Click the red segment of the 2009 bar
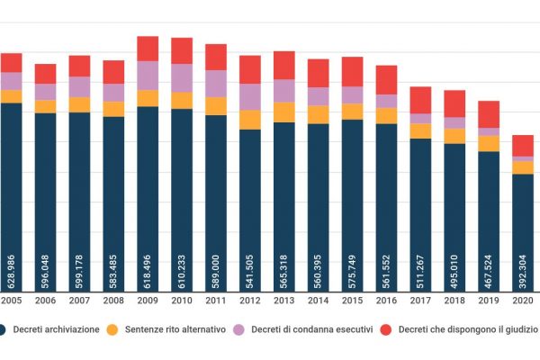click(x=148, y=49)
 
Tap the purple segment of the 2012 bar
click(x=250, y=96)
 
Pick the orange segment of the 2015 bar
click(x=353, y=111)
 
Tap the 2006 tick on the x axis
click(x=45, y=301)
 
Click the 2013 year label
click(x=284, y=301)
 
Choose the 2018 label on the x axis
click(x=454, y=301)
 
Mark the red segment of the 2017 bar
click(x=420, y=100)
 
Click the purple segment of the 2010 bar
click(x=182, y=77)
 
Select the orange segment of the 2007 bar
click(x=79, y=104)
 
